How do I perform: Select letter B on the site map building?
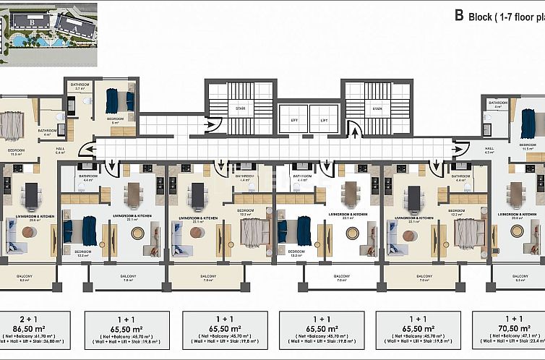(31, 22)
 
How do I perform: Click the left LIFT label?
(293, 119)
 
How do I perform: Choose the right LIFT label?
(324, 119)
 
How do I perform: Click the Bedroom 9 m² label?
(115, 121)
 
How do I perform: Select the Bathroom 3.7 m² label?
(79, 87)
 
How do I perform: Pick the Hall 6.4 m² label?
(60, 150)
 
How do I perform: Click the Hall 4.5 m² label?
(489, 150)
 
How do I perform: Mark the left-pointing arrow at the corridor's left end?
(85, 149)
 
